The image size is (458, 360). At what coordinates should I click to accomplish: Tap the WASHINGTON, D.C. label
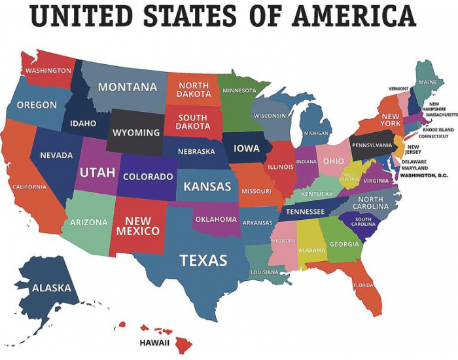[423, 175]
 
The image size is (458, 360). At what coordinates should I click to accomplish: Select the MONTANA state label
[128, 87]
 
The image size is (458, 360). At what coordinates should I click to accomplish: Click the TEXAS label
[203, 261]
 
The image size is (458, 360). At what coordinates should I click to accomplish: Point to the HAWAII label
[154, 342]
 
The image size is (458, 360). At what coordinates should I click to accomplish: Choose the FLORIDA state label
[363, 285]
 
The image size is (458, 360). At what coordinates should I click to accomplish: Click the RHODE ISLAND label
[438, 130]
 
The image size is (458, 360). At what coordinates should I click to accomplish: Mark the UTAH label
[97, 173]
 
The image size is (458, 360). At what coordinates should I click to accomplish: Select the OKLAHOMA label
[216, 219]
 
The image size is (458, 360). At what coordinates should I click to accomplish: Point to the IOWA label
[247, 149]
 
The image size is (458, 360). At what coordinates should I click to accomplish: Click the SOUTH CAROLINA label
[364, 222]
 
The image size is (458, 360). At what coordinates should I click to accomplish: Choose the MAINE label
[427, 82]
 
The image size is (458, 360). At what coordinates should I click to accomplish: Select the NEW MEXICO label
[138, 226]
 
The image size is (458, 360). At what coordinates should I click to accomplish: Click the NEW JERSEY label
[414, 150]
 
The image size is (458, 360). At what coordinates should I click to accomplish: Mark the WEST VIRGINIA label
[350, 177]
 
